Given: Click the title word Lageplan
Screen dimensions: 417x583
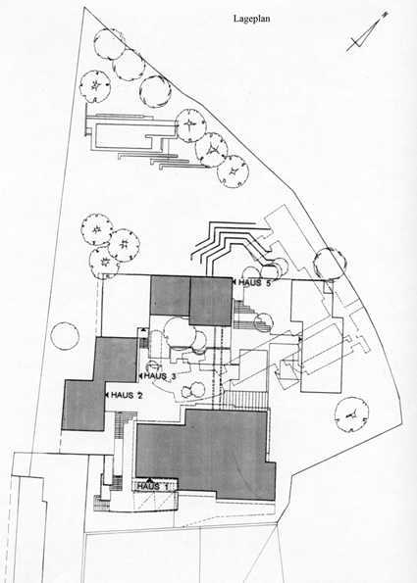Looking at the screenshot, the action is click(252, 19).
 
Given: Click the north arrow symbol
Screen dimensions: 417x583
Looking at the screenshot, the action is click(367, 32).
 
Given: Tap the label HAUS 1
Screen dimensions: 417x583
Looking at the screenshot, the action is click(153, 486).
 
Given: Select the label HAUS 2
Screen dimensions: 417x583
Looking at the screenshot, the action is click(127, 395).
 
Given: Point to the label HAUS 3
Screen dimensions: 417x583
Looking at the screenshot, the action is click(160, 376).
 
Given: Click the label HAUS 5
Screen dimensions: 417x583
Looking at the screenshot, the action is click(253, 282).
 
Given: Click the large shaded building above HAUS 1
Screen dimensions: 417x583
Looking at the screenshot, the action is click(205, 455).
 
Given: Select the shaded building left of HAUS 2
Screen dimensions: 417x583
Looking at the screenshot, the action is click(100, 383).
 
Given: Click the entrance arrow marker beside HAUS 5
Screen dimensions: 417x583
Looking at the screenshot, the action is click(235, 282).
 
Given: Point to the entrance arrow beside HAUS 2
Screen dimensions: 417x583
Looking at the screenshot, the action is click(107, 395).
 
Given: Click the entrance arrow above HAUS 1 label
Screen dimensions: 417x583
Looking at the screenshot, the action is click(150, 480).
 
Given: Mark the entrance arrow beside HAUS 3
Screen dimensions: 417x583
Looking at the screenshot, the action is click(140, 376).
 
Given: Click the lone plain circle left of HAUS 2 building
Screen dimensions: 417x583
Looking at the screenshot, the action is click(65, 336).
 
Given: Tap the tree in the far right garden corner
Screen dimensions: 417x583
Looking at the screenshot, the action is click(351, 414).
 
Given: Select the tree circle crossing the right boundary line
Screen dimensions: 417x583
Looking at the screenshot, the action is click(330, 264).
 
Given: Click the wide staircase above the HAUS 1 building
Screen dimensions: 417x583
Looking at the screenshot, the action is click(245, 400).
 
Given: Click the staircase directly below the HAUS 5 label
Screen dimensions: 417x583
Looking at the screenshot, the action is click(250, 316).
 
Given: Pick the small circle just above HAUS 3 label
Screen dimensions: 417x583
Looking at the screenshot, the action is click(152, 365).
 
